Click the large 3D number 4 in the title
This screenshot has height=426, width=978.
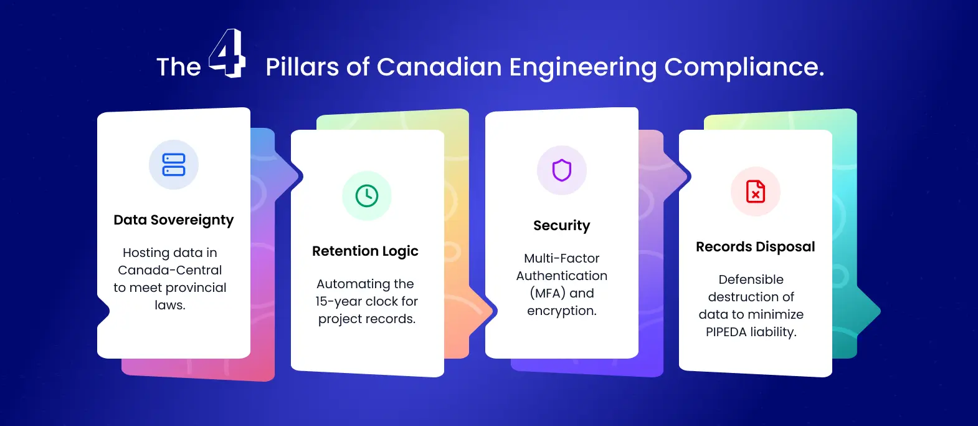pos(227,54)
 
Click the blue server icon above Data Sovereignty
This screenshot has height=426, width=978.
pos(174,165)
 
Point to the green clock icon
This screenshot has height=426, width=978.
pos(367,196)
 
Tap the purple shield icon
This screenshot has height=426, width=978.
pos(562,170)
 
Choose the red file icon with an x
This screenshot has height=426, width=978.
pos(756,191)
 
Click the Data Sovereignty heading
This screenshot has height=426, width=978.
pos(174,220)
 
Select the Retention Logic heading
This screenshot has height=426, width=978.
pos(365,251)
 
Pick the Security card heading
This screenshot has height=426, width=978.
pos(562,226)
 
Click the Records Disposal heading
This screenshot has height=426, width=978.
pos(755,247)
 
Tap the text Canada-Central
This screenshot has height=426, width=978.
pos(170,270)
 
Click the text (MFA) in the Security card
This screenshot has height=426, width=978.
pos(548,293)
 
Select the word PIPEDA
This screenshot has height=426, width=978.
pos(726,332)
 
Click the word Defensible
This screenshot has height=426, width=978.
pos(751,279)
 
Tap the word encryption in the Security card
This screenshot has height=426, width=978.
pos(561,311)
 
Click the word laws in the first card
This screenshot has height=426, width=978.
pos(169,305)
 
